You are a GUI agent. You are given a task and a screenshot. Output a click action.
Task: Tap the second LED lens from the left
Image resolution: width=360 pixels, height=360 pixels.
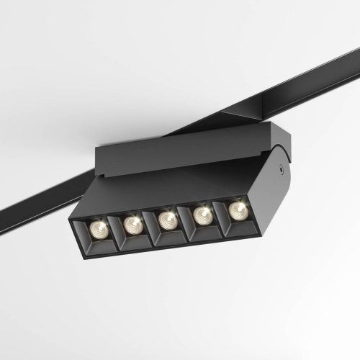132,224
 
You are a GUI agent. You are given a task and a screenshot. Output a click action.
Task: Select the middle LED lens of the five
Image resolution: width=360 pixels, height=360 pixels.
167,219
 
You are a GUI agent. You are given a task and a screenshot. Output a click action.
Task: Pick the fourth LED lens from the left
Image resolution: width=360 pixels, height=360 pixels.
202,213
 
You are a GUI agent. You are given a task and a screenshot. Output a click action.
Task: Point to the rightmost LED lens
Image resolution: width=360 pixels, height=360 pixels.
235,209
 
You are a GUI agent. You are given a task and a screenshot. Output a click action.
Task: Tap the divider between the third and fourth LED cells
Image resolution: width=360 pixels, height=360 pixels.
185,219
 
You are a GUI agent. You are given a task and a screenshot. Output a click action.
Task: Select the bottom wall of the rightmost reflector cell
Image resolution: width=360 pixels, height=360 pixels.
238,224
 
